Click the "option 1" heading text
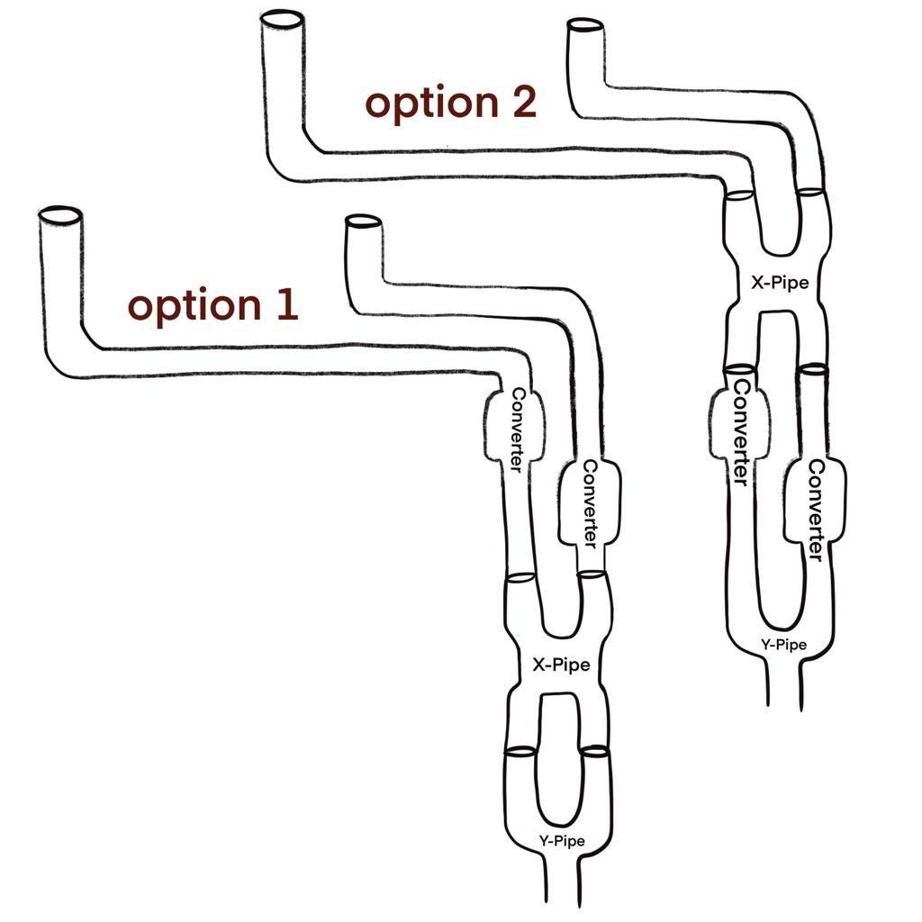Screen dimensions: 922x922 (x=212, y=306)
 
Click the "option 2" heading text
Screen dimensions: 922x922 (x=450, y=103)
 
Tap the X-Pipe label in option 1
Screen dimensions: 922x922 (x=561, y=665)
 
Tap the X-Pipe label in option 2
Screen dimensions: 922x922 (x=780, y=283)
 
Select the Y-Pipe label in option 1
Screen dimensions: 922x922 (x=562, y=841)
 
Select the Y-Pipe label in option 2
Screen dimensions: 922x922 (x=783, y=645)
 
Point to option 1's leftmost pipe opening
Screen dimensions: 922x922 (x=60, y=217)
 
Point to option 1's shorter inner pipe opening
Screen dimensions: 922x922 (x=360, y=221)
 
